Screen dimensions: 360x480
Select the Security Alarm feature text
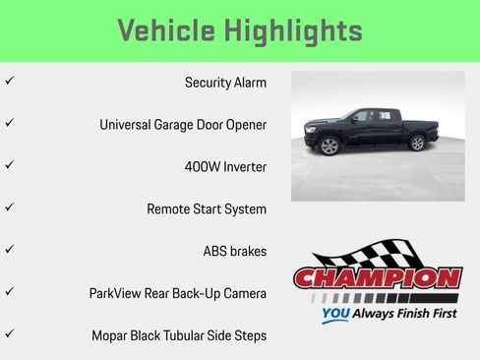(225, 83)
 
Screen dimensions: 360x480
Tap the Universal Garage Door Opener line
(183, 125)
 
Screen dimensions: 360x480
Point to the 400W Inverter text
(225, 167)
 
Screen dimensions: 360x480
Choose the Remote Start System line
(207, 209)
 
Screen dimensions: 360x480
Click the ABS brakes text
(234, 251)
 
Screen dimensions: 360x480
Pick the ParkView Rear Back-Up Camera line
(178, 293)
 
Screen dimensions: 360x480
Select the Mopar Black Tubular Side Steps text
(178, 335)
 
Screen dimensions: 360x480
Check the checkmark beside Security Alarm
(9, 81)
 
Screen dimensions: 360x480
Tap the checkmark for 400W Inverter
(9, 165)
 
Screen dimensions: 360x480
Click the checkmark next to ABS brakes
(9, 249)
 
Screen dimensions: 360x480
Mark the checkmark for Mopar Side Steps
(9, 333)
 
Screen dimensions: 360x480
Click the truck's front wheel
(330, 147)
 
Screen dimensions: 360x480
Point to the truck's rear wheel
(417, 143)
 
